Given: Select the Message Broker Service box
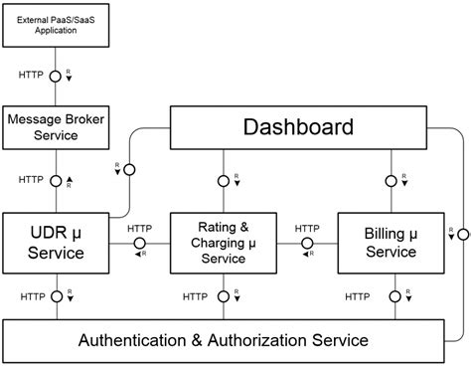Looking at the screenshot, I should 56,127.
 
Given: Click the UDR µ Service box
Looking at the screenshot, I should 56,243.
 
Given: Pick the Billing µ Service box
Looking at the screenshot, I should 390,243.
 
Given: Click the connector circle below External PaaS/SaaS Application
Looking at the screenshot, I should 56,76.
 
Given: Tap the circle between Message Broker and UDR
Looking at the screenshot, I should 56,180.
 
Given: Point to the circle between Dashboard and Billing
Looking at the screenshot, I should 390,181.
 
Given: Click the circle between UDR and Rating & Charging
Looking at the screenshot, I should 139,243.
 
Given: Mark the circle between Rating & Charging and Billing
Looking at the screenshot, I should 308,243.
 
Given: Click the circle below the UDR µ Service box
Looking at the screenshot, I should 56,296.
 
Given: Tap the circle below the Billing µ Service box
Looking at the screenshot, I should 395,296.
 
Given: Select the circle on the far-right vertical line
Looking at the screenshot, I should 464,234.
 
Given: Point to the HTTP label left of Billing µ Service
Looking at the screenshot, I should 308,228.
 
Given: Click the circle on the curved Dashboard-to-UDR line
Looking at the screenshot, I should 128,170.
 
